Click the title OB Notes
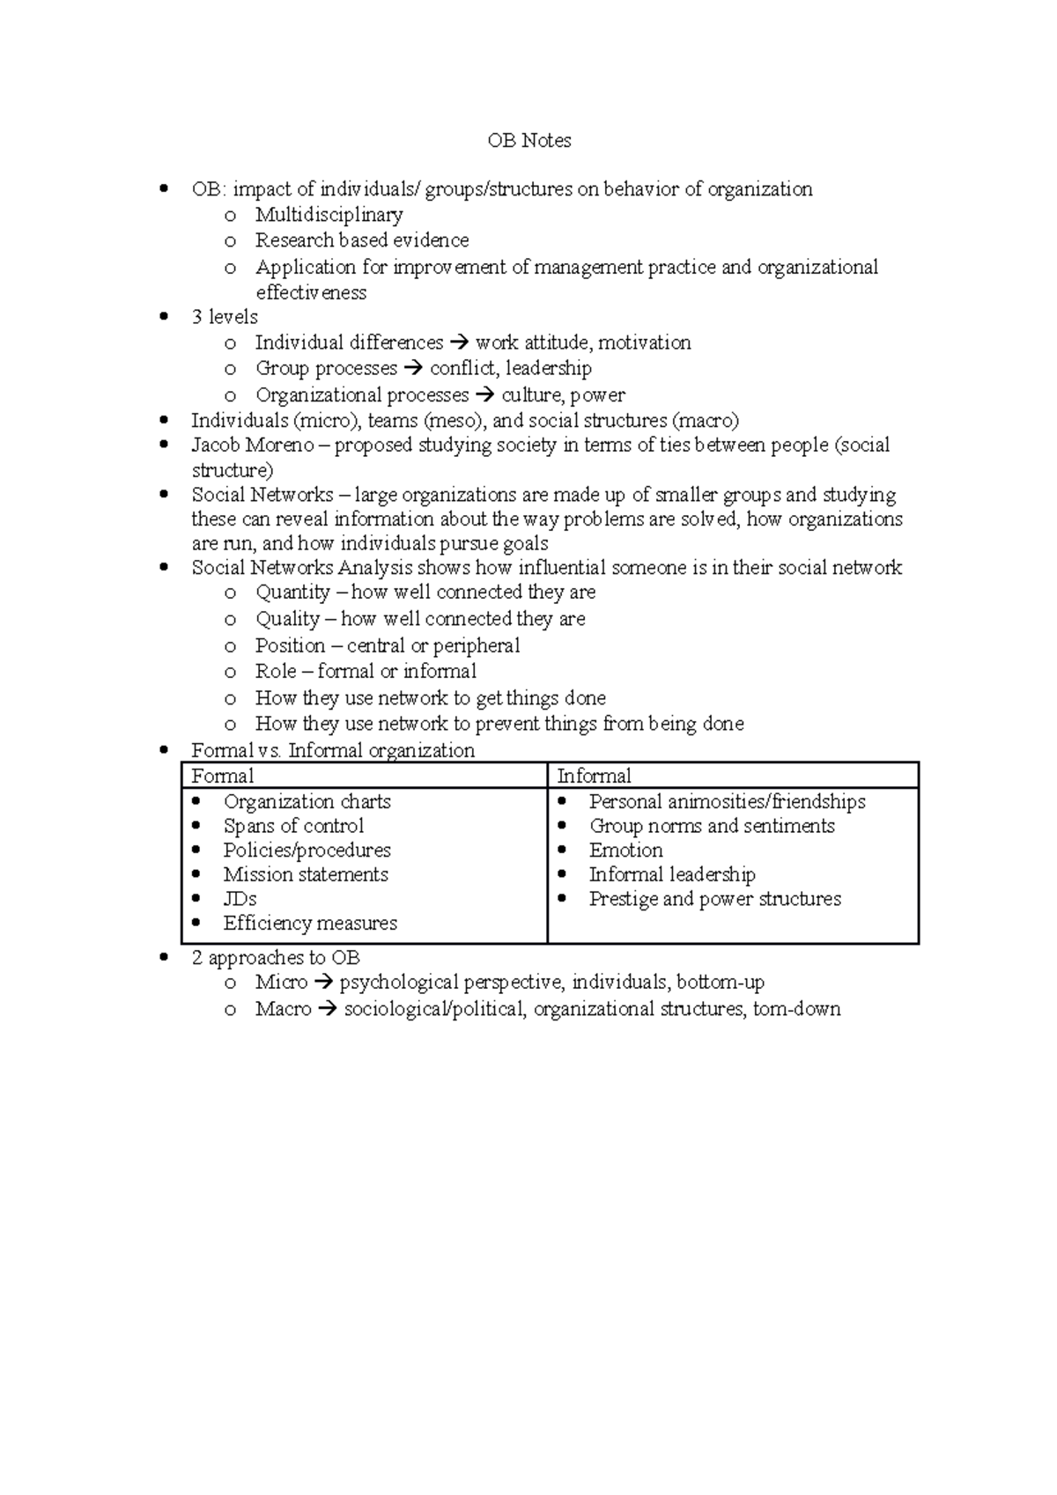[x=528, y=141]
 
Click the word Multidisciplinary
[x=329, y=215]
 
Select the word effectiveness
[x=311, y=292]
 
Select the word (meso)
[x=450, y=421]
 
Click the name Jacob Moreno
[x=253, y=446]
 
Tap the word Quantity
[x=292, y=593]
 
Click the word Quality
[x=287, y=619]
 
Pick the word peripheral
[x=477, y=645]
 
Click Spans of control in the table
[x=293, y=826]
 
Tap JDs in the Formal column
[x=240, y=899]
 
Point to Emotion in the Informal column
[x=625, y=851]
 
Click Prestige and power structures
[x=714, y=899]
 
